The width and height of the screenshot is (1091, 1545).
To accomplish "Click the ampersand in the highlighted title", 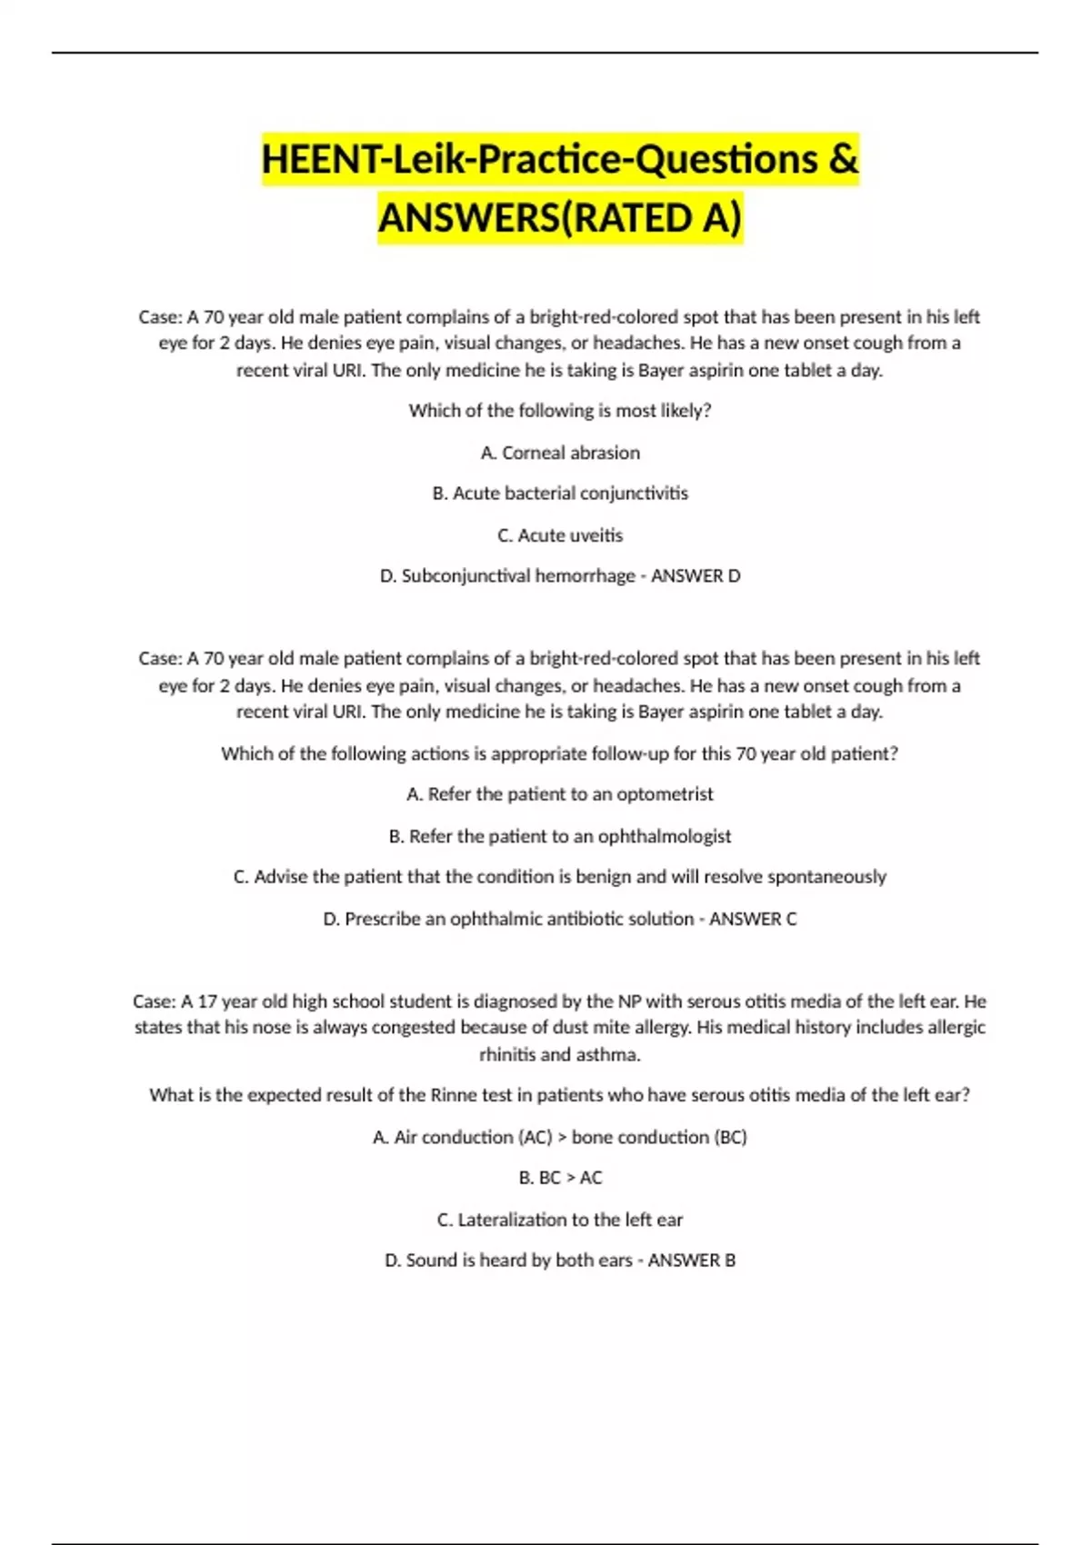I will pyautogui.click(x=843, y=160).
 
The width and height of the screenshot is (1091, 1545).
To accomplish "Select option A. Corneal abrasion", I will pyautogui.click(x=560, y=453).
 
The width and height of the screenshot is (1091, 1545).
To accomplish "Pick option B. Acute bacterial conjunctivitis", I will pyautogui.click(x=560, y=493).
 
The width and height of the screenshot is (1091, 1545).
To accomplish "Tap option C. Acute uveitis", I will pyautogui.click(x=560, y=535).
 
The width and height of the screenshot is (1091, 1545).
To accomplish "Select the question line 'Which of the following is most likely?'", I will pyautogui.click(x=560, y=411).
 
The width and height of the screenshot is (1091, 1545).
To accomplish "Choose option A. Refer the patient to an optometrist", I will pyautogui.click(x=560, y=794).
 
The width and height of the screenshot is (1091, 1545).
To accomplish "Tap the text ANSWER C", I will pyautogui.click(x=753, y=919).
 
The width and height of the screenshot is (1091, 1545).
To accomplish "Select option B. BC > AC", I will pyautogui.click(x=560, y=1178).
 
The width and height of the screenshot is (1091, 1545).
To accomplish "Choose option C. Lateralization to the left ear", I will pyautogui.click(x=560, y=1220).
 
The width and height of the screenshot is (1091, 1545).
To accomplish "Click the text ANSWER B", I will pyautogui.click(x=692, y=1261).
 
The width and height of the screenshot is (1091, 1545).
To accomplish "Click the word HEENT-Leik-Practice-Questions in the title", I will pyautogui.click(x=540, y=160).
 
